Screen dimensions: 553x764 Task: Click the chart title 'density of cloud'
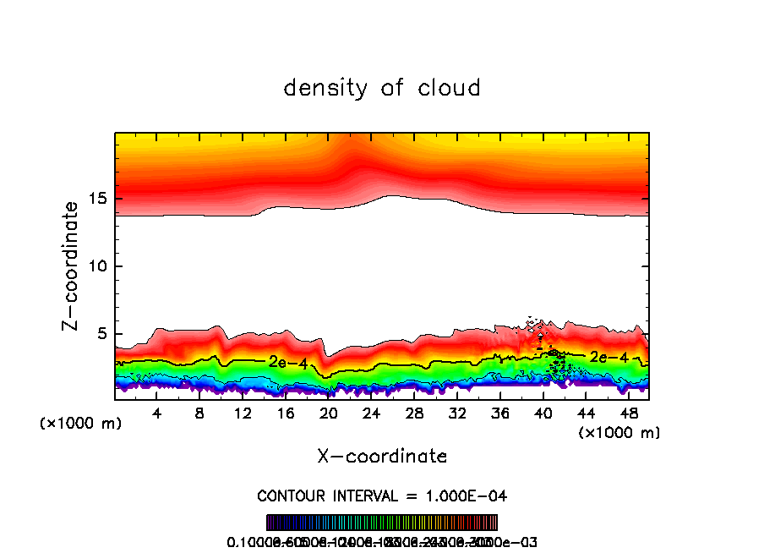(x=382, y=88)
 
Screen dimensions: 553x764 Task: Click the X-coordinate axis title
(x=382, y=457)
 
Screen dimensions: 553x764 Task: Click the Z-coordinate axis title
(x=74, y=266)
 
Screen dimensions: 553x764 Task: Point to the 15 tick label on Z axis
(x=96, y=199)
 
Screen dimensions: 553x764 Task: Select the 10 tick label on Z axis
(x=96, y=266)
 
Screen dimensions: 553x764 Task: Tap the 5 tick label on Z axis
(x=101, y=334)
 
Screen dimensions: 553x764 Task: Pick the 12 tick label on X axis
(x=243, y=413)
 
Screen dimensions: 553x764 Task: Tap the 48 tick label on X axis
(x=628, y=413)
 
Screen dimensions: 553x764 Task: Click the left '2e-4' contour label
(x=283, y=362)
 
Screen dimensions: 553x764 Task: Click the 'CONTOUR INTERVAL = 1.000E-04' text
(x=382, y=496)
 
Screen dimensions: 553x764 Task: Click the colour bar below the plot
(x=382, y=523)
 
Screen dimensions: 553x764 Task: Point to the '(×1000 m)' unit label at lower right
(x=619, y=433)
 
